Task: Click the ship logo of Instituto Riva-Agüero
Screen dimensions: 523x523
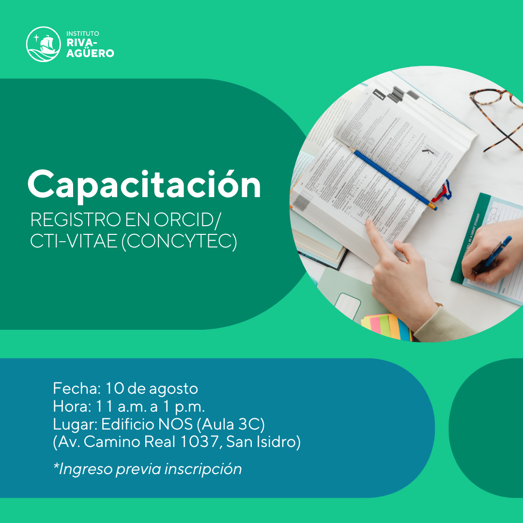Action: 44,44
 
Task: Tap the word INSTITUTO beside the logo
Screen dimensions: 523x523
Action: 83,34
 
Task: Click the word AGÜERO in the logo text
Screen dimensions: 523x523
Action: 90,53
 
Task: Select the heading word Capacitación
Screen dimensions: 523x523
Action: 144,184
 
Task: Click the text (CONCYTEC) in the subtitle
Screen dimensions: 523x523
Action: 179,241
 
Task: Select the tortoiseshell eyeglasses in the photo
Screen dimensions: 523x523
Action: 499,116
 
